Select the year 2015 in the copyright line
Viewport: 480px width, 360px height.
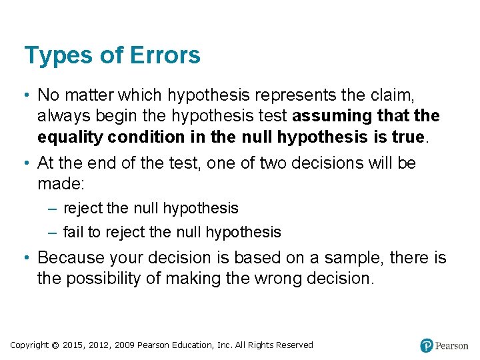pos(73,345)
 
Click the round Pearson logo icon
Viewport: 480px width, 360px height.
pos(427,346)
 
